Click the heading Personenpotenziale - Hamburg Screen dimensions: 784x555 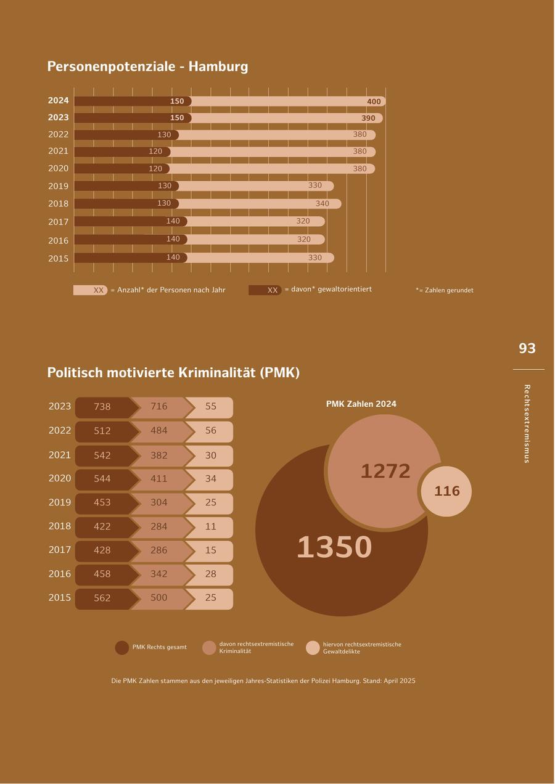point(147,67)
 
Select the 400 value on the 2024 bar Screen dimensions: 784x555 point(374,102)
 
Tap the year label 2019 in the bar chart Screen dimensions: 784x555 point(59,186)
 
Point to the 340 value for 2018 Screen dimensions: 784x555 point(322,203)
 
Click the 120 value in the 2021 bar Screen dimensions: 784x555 point(155,152)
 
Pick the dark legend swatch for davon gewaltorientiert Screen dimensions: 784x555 point(265,290)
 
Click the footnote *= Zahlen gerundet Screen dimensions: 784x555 point(444,290)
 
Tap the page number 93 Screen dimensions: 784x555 point(527,349)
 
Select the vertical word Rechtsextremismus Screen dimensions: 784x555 point(527,423)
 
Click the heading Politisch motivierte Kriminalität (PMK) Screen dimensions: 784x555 point(173,373)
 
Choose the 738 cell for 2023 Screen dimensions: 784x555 point(102,407)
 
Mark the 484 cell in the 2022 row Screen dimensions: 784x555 point(159,431)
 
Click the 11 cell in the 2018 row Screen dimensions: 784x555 point(211,527)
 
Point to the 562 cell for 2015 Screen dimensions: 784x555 point(102,598)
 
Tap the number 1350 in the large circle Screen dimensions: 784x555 point(334,547)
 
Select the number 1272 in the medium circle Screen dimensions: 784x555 point(385,472)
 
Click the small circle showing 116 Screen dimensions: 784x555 point(446,491)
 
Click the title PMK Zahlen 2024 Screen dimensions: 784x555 point(361,404)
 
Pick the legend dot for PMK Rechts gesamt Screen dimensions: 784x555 point(122,648)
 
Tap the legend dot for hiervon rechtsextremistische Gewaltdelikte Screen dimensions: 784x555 point(313,648)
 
